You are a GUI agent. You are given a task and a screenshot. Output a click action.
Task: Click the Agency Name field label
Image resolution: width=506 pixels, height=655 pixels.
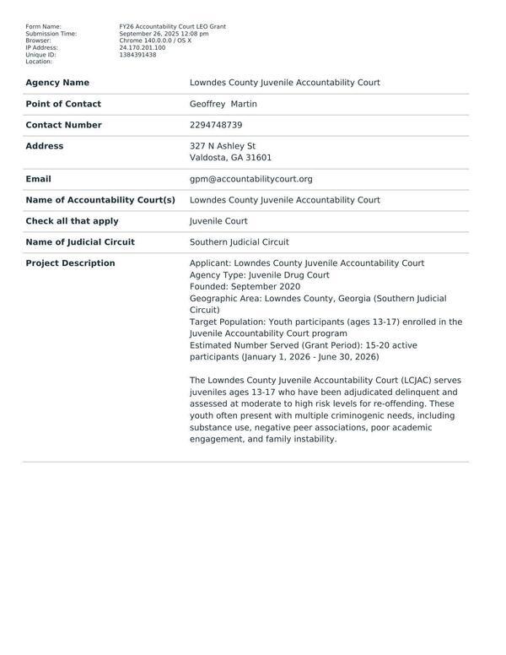(57, 83)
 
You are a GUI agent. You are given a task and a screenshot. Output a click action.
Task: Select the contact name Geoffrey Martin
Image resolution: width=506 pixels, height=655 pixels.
(223, 104)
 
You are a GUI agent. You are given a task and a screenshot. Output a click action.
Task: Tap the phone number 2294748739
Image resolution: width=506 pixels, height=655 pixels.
(216, 125)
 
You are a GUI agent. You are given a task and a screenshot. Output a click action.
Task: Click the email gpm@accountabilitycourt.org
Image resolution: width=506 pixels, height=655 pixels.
(250, 179)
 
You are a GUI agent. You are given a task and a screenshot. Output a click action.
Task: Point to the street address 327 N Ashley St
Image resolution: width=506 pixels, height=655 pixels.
(223, 146)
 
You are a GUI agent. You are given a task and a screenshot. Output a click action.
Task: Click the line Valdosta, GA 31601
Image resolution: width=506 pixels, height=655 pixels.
(230, 158)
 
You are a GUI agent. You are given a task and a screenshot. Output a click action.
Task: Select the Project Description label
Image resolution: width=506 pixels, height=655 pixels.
(70, 263)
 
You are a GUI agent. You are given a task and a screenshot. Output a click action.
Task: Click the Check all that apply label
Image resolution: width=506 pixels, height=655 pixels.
(72, 221)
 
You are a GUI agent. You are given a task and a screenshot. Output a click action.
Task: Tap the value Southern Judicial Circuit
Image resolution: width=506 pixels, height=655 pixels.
(239, 242)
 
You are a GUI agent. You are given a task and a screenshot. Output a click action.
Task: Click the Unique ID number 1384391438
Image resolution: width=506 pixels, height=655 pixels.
(137, 55)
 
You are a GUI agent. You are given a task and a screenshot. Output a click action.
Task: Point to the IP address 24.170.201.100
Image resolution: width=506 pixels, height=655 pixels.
(143, 48)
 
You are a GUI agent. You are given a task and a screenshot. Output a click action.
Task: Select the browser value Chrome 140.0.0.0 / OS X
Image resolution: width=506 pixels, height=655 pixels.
(155, 41)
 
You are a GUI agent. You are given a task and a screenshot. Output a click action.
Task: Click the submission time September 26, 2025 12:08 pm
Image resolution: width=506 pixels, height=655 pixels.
(164, 34)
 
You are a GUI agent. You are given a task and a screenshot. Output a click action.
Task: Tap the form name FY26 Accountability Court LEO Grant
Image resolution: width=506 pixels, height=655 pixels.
(172, 27)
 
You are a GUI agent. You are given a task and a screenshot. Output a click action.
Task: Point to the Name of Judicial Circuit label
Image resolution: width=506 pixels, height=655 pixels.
(80, 242)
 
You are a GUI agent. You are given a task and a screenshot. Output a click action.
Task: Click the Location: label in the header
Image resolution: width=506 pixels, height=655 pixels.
(39, 62)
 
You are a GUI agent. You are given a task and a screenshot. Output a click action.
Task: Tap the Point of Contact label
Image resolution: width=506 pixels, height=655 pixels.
(63, 104)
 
